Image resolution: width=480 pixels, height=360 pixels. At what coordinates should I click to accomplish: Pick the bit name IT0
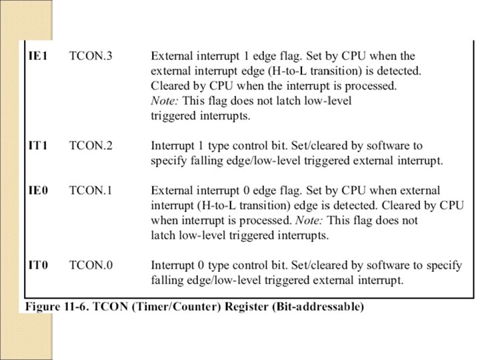tap(37, 265)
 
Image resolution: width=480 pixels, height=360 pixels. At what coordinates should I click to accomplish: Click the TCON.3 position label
tap(91, 57)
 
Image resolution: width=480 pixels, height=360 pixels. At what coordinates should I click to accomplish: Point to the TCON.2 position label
tap(91, 145)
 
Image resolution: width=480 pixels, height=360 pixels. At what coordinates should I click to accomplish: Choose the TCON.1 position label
tap(91, 191)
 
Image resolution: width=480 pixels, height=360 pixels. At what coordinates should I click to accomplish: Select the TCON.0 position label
tap(91, 265)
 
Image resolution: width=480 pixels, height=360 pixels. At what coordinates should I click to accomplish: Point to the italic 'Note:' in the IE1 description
tap(163, 101)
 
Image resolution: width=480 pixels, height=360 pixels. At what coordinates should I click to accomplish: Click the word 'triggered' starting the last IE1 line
tap(173, 115)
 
